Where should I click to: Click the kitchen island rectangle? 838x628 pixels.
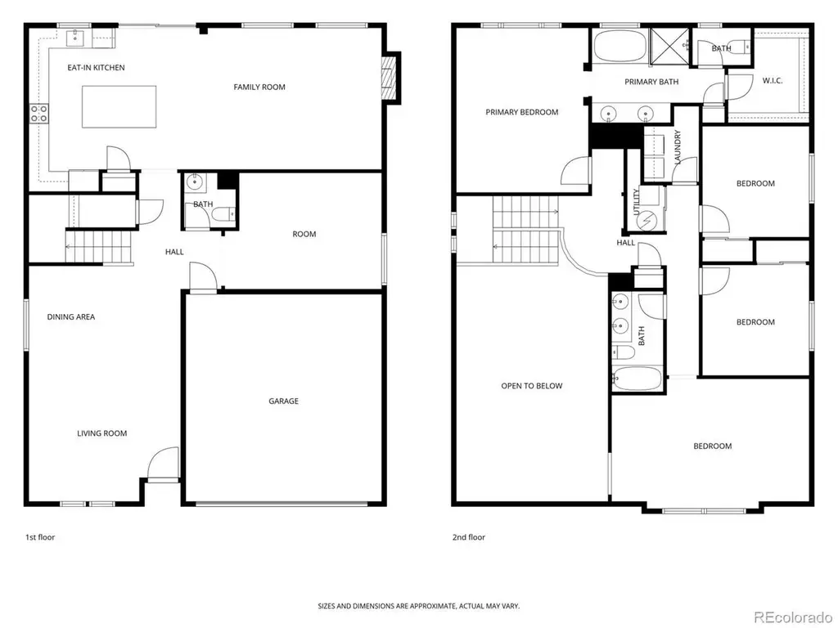pyautogui.click(x=119, y=107)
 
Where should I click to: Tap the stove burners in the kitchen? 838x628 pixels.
pyautogui.click(x=39, y=113)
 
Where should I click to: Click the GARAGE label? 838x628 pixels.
pyautogui.click(x=283, y=401)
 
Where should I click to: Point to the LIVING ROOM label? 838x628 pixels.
pyautogui.click(x=102, y=433)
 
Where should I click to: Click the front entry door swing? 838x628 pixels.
pyautogui.click(x=163, y=464)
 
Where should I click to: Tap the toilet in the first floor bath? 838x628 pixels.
pyautogui.click(x=223, y=215)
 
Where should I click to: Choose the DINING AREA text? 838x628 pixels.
pyautogui.click(x=71, y=316)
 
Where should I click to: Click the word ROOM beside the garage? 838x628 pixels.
pyautogui.click(x=304, y=234)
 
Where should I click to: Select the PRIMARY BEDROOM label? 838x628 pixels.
pyautogui.click(x=521, y=112)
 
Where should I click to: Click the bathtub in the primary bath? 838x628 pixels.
pyautogui.click(x=620, y=47)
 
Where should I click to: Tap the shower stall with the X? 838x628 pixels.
pyautogui.click(x=669, y=47)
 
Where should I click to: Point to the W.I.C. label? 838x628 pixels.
pyautogui.click(x=773, y=81)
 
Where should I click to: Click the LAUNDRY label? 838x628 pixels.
pyautogui.click(x=678, y=147)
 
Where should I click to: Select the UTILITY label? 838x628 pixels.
pyautogui.click(x=636, y=202)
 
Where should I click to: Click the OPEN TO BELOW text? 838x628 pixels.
pyautogui.click(x=532, y=386)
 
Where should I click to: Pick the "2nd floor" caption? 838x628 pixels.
pyautogui.click(x=469, y=537)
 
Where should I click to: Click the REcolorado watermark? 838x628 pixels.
pyautogui.click(x=793, y=617)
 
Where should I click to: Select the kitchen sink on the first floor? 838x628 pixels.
pyautogui.click(x=74, y=37)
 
